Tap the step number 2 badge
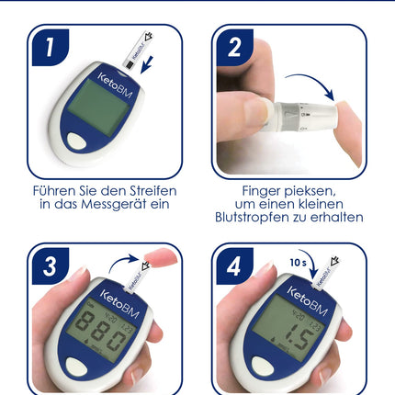[235, 48]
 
